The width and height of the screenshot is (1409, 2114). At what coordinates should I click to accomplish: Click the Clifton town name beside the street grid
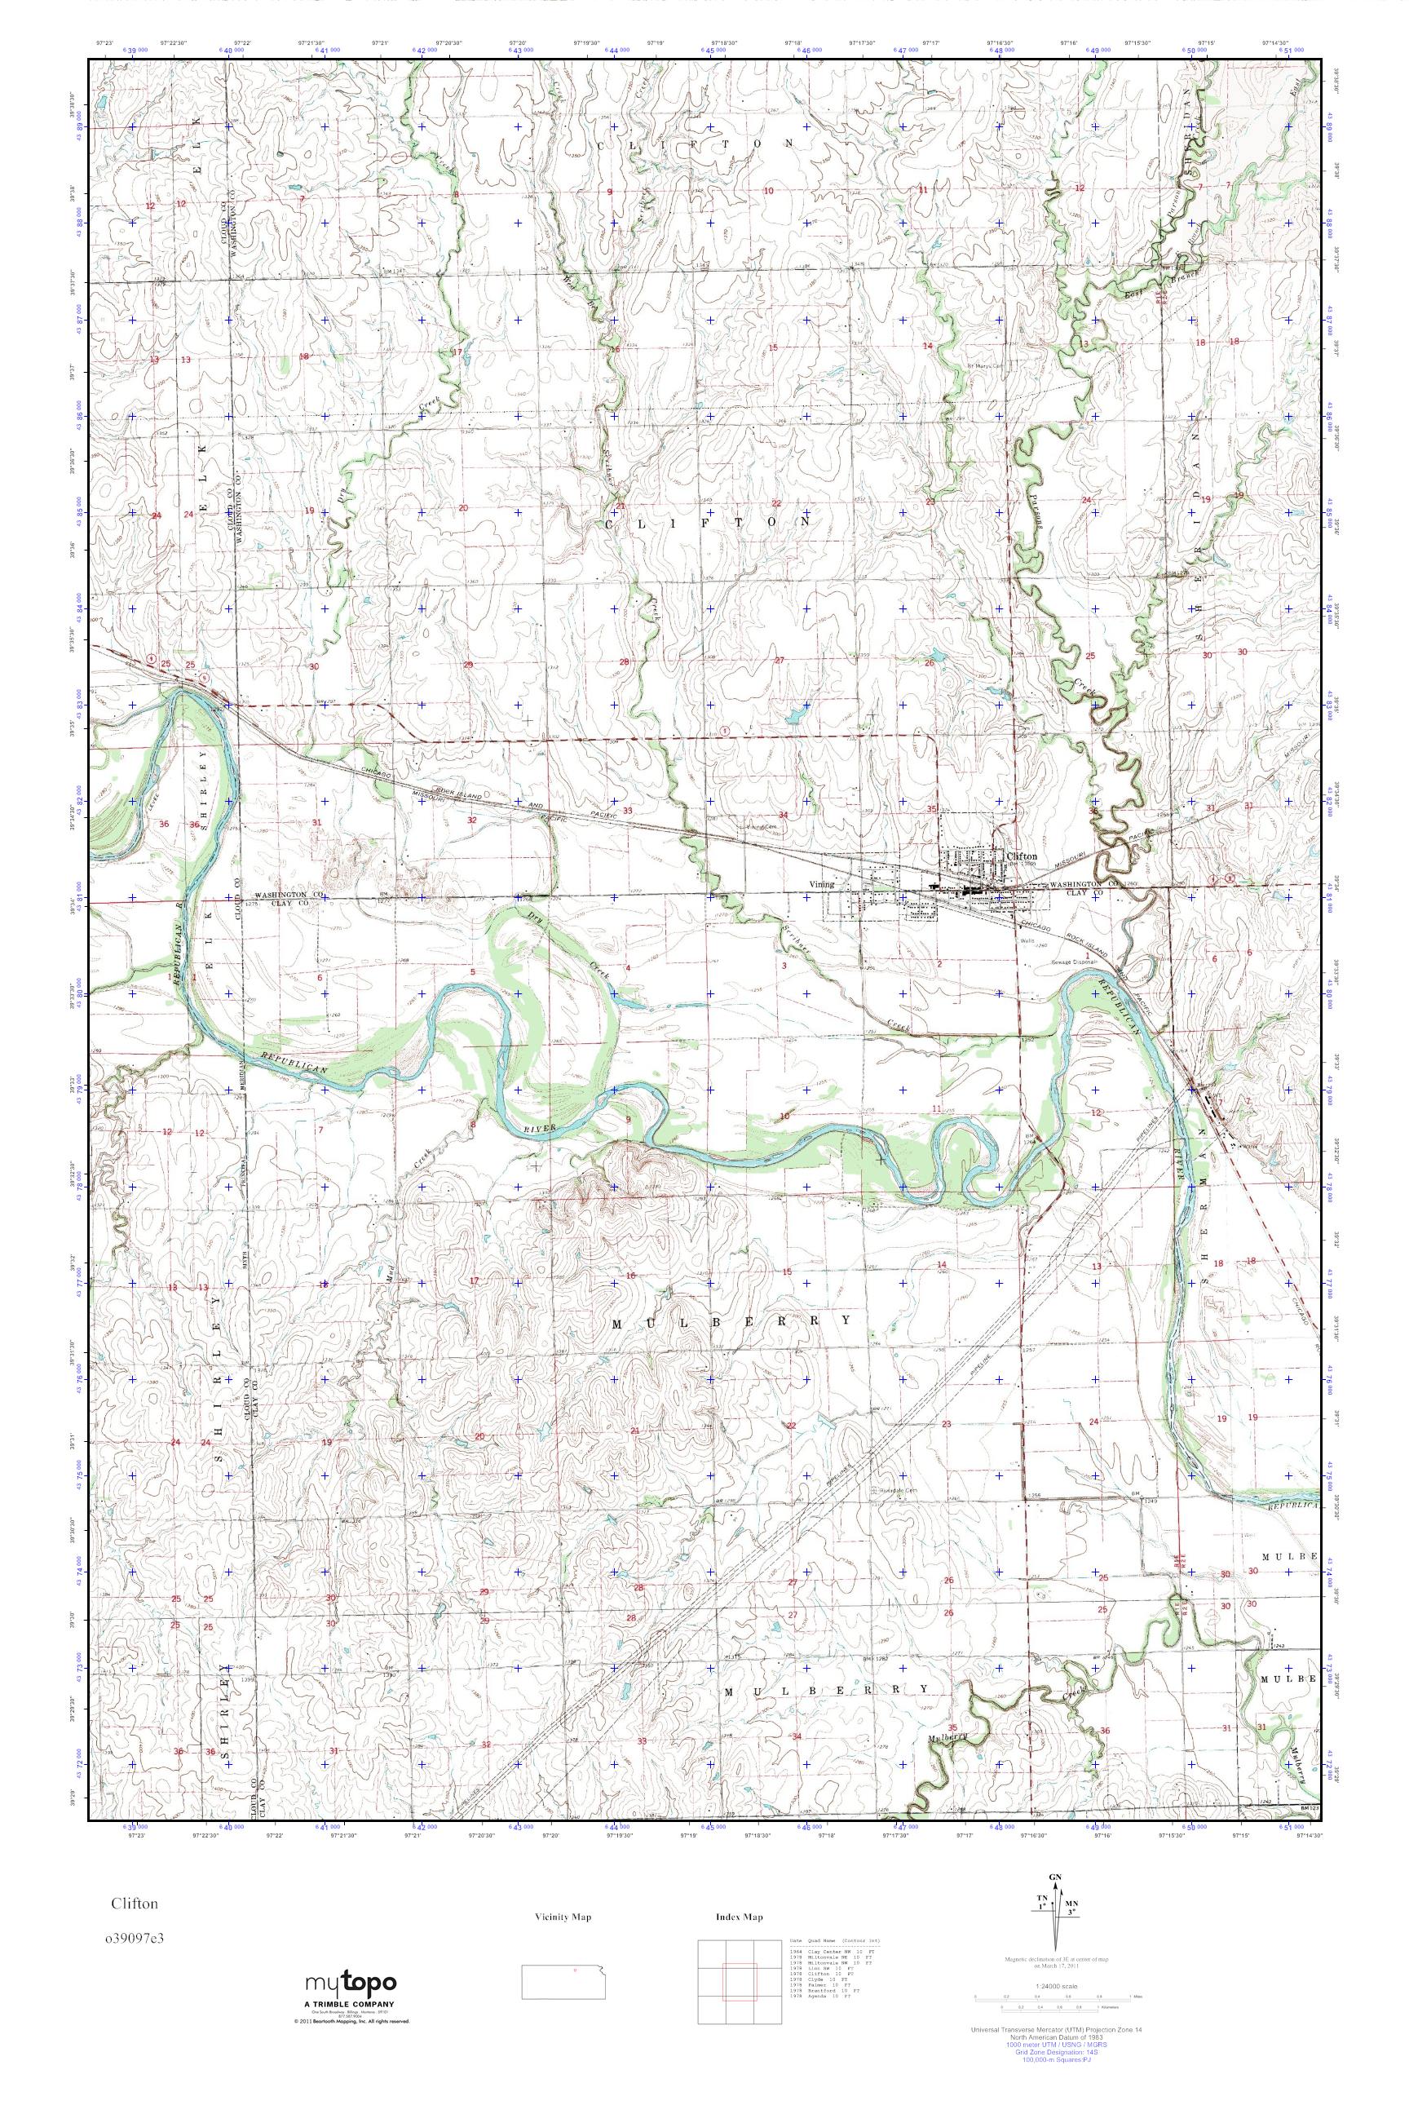coord(1022,856)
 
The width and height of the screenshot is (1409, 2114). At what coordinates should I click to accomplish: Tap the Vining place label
coord(820,884)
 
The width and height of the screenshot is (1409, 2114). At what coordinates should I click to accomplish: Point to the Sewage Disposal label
coord(1076,961)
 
